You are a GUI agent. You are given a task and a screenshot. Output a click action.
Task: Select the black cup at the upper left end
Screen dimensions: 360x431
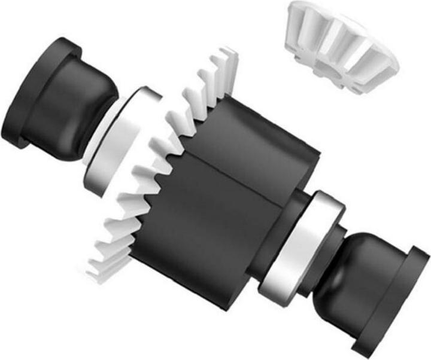click(60, 102)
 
